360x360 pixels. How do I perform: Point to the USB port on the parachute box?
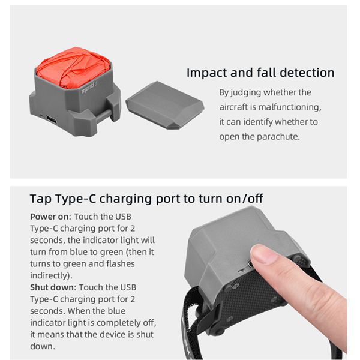click(51, 119)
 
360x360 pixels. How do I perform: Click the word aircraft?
click(238, 107)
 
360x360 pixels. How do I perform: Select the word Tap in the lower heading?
click(40, 199)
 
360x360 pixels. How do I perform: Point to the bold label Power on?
click(47, 217)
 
